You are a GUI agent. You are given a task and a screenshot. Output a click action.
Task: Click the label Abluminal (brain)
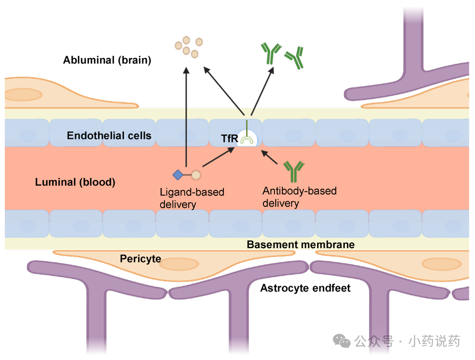pos(107,60)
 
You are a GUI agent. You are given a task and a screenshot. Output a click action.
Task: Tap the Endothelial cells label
pos(109,136)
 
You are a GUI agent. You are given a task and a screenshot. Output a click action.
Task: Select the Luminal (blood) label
pos(75,182)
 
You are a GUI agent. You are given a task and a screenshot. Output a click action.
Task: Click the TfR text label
pos(229,138)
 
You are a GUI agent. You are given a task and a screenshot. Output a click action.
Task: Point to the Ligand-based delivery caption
pos(192,198)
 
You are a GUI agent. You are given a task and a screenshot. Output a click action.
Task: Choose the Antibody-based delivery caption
pos(299,197)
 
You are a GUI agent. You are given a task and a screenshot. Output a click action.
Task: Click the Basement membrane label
pos(301,244)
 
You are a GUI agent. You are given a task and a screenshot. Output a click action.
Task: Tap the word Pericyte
pos(140,259)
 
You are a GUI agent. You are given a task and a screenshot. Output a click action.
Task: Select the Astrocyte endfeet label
pos(305,288)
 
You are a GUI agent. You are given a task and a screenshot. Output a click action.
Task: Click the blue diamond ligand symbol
pos(178,175)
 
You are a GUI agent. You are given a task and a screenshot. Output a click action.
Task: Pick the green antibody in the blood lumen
pos(293,172)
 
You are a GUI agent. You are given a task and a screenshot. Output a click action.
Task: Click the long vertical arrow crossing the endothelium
pos(186,117)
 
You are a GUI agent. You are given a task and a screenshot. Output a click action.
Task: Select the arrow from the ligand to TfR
pos(218,157)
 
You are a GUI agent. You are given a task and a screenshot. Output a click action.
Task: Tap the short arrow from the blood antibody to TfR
pos(269,157)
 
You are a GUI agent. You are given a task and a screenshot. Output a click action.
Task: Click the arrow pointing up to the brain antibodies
pos(262,91)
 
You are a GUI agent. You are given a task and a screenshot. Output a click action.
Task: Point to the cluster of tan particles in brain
pos(189,47)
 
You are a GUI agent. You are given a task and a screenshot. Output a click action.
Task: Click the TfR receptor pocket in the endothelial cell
pos(247,138)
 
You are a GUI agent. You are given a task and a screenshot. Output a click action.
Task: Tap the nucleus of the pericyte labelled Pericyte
pos(179,264)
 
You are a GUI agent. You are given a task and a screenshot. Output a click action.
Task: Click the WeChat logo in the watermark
pos(341,341)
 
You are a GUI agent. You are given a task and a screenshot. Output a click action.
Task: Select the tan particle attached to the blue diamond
pos(196,175)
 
